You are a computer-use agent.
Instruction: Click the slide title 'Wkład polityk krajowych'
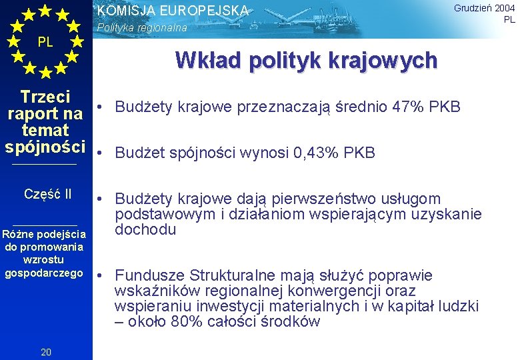306,61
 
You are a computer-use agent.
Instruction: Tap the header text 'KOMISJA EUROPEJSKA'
173,11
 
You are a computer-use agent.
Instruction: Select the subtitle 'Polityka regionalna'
142,29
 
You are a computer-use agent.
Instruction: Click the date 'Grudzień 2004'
484,8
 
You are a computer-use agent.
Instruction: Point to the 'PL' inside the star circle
45,42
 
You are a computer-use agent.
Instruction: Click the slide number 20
46,352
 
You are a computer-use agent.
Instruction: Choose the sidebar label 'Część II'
47,194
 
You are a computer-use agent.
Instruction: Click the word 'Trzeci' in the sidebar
46,97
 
